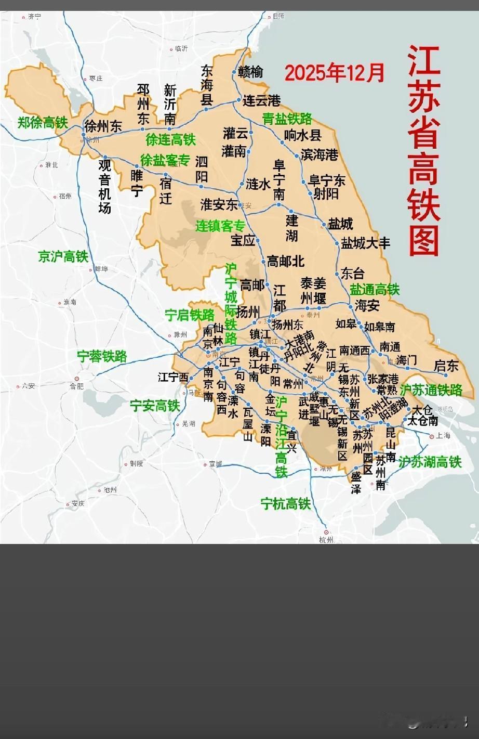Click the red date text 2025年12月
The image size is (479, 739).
(x=335, y=73)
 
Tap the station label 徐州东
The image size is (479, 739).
(x=103, y=126)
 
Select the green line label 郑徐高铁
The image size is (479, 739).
(x=43, y=123)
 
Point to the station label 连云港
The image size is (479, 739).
(x=261, y=100)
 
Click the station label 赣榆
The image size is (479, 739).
(x=250, y=72)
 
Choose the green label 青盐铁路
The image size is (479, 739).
(x=287, y=119)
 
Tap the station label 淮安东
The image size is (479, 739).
(x=219, y=204)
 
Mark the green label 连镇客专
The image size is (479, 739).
(x=220, y=226)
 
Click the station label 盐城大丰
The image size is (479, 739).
(x=365, y=243)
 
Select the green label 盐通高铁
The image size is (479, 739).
(x=374, y=289)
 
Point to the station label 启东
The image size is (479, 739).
(x=446, y=366)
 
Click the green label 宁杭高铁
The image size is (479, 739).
(x=285, y=503)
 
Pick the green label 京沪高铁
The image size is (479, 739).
(x=63, y=256)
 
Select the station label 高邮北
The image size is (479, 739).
(x=285, y=261)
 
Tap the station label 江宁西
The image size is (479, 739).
(x=173, y=377)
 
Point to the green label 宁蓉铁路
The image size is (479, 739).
(x=102, y=356)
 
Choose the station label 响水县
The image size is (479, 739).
(x=303, y=135)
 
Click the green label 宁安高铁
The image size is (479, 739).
(x=154, y=406)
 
